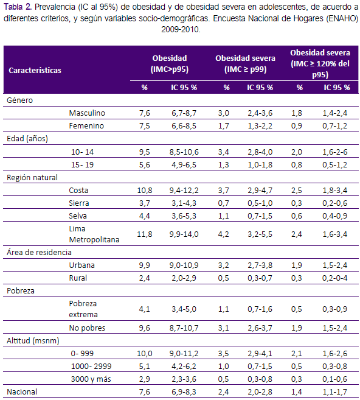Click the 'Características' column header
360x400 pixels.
(35, 71)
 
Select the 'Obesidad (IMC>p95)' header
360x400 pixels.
(170, 64)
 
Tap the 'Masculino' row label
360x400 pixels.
(87, 113)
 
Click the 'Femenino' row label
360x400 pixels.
(86, 126)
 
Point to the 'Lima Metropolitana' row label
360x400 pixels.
(94, 234)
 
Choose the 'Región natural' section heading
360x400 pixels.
(32, 178)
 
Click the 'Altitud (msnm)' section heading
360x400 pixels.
(33, 341)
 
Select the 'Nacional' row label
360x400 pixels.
(22, 392)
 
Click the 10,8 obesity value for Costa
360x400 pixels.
(145, 191)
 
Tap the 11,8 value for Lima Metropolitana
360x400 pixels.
(145, 234)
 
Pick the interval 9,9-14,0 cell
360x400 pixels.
(184, 234)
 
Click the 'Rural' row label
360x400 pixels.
(78, 278)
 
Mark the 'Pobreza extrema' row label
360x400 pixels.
(83, 309)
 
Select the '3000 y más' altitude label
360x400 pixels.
(91, 379)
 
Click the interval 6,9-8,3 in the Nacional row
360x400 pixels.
(184, 392)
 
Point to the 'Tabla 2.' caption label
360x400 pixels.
(18, 7)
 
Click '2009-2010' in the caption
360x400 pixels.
(181, 30)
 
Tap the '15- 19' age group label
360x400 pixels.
(82, 165)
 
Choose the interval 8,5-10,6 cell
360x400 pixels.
(184, 152)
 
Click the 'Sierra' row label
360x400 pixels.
(78, 203)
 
